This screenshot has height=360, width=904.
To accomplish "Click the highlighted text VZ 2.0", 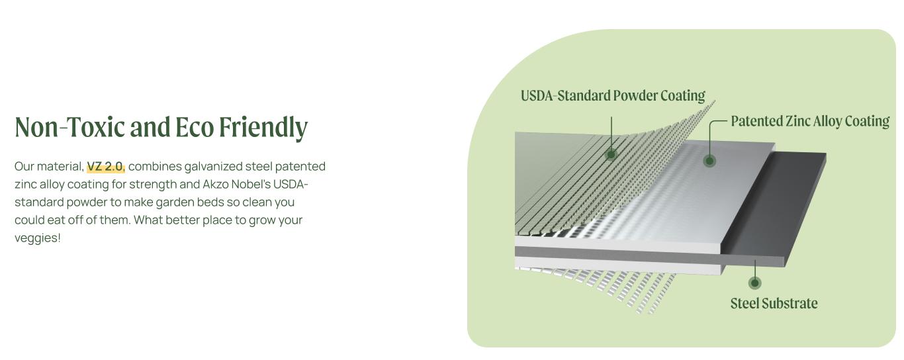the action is (x=106, y=166).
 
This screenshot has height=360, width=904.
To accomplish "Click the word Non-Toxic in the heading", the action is (x=69, y=127).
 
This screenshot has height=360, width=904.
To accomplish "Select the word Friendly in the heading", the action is (x=263, y=128).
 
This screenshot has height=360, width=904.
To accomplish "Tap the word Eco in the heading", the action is (x=195, y=127).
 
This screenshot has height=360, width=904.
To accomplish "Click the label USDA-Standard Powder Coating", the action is (x=613, y=96).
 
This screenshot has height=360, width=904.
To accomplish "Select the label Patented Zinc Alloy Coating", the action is (x=811, y=121).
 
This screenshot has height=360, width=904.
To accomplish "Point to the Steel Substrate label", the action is (x=774, y=304).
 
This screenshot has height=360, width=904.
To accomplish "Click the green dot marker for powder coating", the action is (x=611, y=154).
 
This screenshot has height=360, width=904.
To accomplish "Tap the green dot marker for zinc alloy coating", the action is (x=709, y=161).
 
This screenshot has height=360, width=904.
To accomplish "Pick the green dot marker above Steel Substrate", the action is (x=754, y=283).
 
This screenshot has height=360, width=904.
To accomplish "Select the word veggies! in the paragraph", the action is (x=38, y=238).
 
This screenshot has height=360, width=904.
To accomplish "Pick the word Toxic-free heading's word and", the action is (x=150, y=127).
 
